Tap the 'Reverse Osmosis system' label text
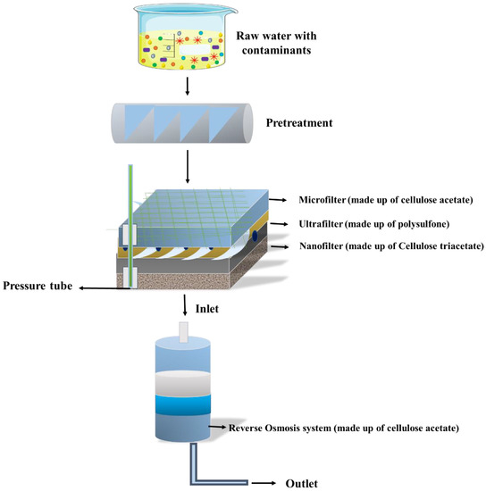pyautogui.click(x=345, y=429)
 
